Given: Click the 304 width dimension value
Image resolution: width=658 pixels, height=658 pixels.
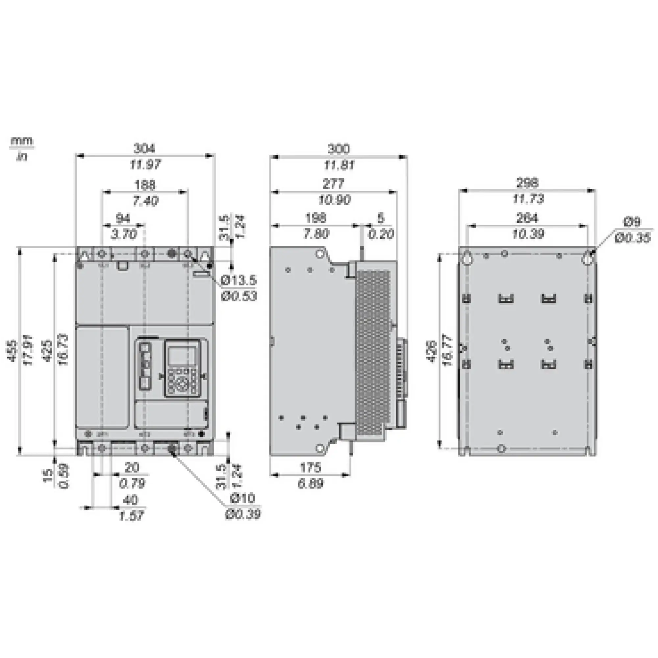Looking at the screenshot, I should (145, 148).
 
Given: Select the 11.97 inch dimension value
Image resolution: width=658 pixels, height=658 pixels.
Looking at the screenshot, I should (145, 164).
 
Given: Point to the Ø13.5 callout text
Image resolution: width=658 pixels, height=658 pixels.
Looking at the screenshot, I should (239, 281).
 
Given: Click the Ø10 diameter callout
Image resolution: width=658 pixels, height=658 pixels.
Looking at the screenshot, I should (242, 498).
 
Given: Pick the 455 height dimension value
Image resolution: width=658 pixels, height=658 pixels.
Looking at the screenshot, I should (12, 351).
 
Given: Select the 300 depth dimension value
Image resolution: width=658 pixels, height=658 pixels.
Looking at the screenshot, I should (339, 149).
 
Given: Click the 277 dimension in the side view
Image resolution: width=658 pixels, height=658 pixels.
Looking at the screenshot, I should (333, 184).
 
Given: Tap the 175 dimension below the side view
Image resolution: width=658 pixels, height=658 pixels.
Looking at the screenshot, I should (310, 468).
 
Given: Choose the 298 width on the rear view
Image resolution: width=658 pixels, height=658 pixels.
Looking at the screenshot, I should (528, 183).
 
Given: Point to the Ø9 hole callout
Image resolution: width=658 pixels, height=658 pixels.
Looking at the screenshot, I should (632, 222).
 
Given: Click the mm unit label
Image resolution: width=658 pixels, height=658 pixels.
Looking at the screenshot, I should (22, 141).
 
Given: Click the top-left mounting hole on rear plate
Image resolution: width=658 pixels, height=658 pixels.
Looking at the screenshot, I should (467, 259).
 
